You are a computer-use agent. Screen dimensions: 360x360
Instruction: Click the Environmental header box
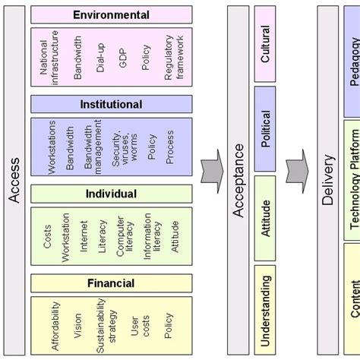pyautogui.click(x=111, y=14)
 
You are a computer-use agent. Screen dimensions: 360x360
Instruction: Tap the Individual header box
pyautogui.click(x=111, y=194)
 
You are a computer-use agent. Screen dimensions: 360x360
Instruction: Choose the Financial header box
pyautogui.click(x=111, y=284)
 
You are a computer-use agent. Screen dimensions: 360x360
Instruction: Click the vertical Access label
pyautogui.click(x=14, y=180)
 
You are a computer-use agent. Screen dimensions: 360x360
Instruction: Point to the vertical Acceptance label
pyautogui.click(x=238, y=180)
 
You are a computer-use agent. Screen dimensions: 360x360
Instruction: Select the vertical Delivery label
pyautogui.click(x=328, y=180)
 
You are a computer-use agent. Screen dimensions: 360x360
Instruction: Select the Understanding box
pyautogui.click(x=266, y=311)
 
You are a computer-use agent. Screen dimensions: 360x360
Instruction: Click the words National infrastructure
pyautogui.click(x=49, y=58)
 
